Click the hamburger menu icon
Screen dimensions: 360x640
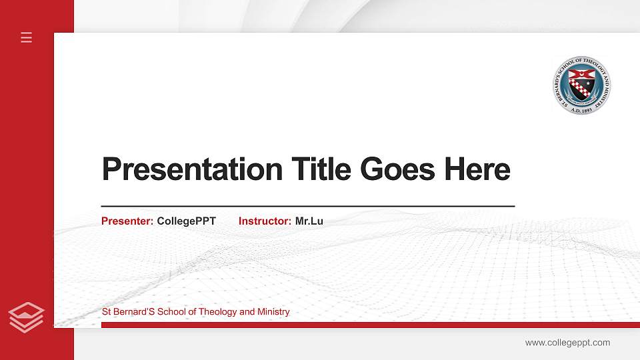(27, 37)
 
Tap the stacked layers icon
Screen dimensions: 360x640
(27, 317)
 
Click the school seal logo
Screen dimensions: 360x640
(582, 85)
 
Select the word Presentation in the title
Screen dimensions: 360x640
(192, 169)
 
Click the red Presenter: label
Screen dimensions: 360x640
(127, 221)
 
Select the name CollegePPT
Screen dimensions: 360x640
(187, 221)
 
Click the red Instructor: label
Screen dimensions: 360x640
(265, 221)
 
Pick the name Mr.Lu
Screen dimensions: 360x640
(309, 221)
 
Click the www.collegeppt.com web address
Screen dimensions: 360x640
(567, 343)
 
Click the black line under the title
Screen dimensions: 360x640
(307, 207)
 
